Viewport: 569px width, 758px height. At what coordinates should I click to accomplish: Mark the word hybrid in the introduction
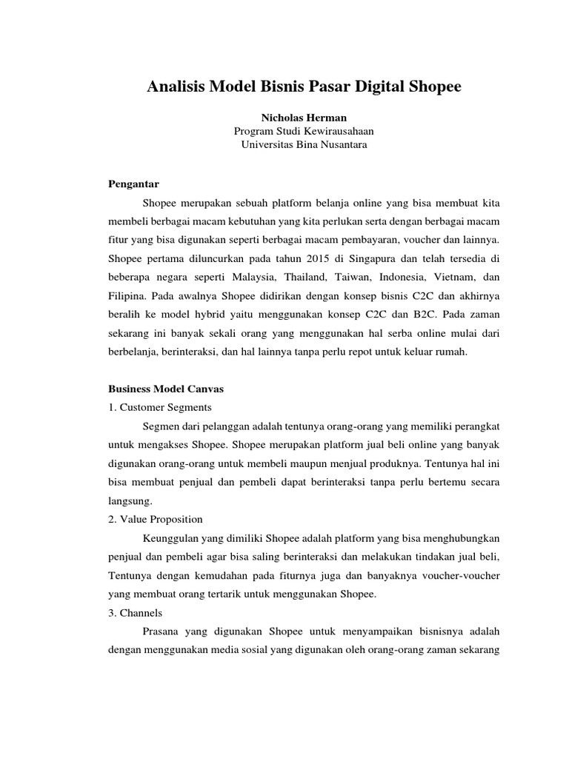pos(210,315)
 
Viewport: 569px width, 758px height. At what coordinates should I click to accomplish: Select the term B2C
pos(427,315)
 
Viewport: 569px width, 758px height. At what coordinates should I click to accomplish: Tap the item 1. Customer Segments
pos(159,407)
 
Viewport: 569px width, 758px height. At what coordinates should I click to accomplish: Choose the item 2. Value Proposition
pos(156,519)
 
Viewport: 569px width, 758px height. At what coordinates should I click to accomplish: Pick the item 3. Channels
pos(135,613)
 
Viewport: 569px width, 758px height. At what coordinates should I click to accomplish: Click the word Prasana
pos(159,631)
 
